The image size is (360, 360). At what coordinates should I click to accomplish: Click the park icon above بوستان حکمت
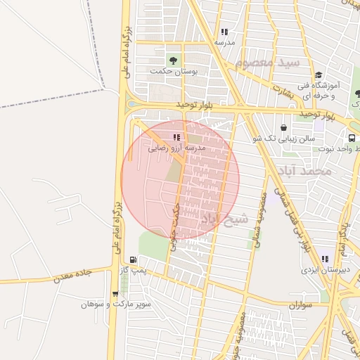pos(173,60)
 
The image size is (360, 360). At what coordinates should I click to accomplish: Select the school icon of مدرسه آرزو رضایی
pos(176,138)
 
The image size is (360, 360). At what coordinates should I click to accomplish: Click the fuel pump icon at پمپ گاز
pos(133,259)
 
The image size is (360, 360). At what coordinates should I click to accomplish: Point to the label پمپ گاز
pos(132,270)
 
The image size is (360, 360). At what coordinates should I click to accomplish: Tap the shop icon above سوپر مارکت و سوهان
pos(115,294)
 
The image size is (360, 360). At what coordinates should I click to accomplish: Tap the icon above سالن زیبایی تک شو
pos(283,128)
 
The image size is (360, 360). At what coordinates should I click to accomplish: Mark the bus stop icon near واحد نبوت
pos(352,139)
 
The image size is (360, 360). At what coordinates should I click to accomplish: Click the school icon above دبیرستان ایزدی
pos(324,258)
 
